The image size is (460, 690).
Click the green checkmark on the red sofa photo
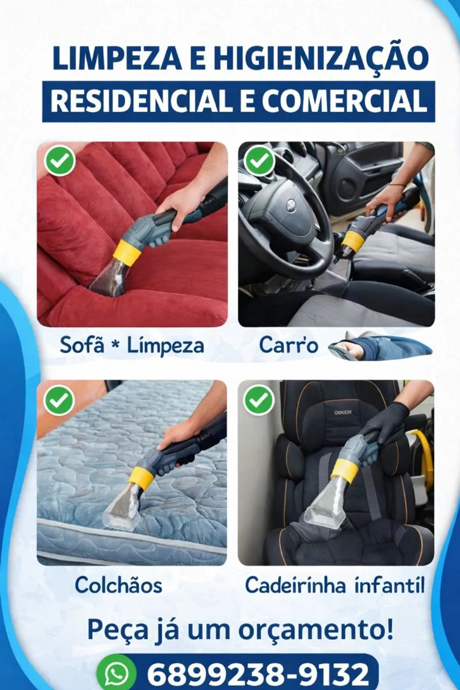coord(59,160)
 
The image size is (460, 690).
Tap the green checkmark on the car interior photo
coord(259,160)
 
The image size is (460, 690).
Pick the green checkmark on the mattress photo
coord(59,400)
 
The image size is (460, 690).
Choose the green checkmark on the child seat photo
coord(259,400)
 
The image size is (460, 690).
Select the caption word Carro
coord(289,344)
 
